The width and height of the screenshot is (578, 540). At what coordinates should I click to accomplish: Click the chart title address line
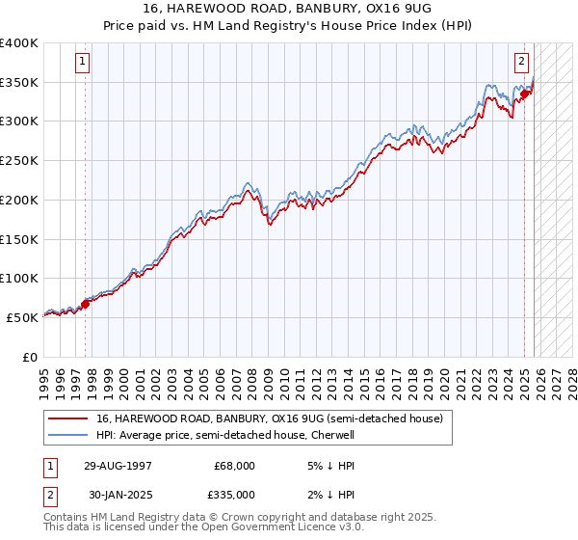click(289, 8)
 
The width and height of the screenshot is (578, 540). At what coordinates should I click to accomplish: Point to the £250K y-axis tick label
click(19, 161)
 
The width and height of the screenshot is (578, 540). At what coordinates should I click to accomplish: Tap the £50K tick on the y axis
click(22, 317)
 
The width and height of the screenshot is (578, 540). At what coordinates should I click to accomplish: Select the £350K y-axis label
click(19, 83)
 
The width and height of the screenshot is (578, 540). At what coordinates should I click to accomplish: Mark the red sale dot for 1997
click(85, 304)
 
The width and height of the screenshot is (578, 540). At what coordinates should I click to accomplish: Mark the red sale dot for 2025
click(525, 94)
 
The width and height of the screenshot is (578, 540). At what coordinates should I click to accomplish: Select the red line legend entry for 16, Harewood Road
click(269, 418)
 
